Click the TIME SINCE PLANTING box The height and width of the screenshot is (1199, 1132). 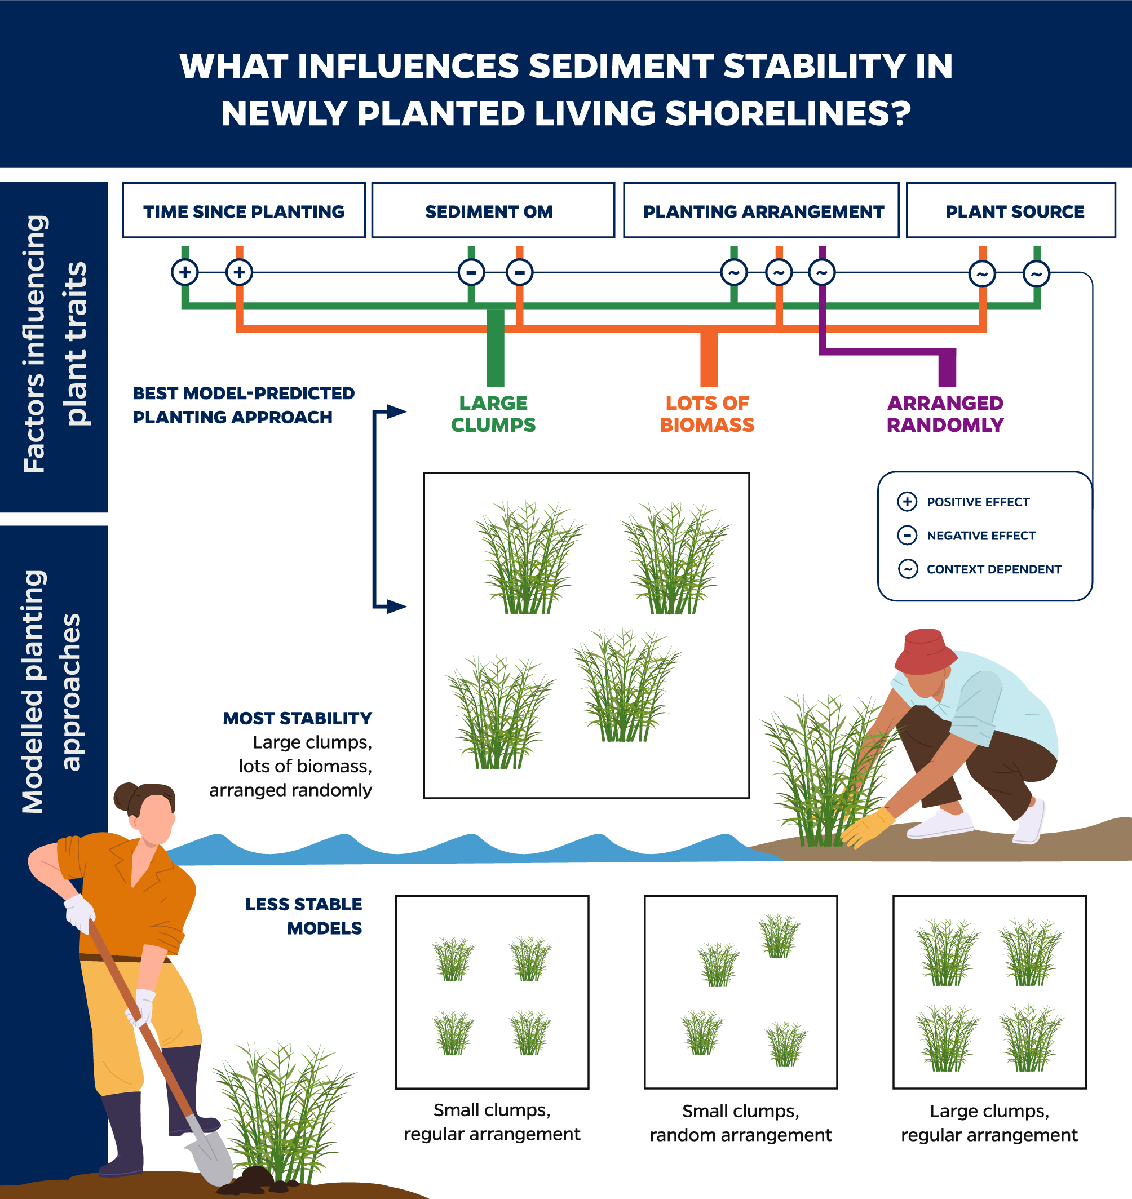point(244,211)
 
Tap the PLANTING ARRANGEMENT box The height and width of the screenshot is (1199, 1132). point(761,211)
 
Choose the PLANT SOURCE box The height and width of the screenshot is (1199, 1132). point(1011,211)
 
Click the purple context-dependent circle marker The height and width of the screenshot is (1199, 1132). point(822,273)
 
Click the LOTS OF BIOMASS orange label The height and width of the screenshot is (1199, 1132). point(707,414)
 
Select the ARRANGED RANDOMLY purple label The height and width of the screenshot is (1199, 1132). point(945,414)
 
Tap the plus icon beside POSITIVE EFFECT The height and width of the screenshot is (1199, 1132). point(907,502)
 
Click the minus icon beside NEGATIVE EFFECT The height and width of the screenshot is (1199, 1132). point(907,535)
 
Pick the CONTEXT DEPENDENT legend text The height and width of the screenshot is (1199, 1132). point(994,569)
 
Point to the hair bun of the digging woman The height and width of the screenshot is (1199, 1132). point(125,796)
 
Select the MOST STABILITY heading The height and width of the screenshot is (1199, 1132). point(298,718)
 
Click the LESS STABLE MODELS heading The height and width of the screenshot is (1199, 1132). point(303,916)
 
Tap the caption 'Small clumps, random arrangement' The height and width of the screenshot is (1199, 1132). point(740,1123)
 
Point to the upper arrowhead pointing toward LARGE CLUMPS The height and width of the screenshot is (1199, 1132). point(396,412)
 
